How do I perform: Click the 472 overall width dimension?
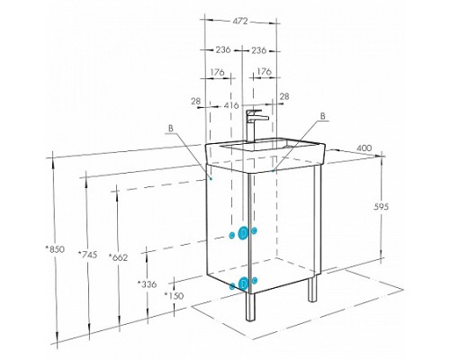coord(240,22)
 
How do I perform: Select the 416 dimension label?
coord(231,105)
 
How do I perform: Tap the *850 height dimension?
coord(55,249)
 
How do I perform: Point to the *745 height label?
coord(87,255)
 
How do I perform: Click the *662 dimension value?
coord(118,257)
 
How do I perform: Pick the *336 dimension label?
coord(147,283)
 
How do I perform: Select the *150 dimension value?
coord(174,295)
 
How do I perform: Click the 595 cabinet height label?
coord(382,206)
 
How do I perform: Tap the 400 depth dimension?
coord(364,148)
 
